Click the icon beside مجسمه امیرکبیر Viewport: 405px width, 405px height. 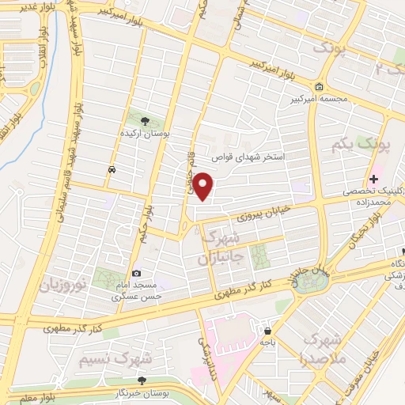(319, 86)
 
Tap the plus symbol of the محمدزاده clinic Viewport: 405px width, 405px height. (374, 180)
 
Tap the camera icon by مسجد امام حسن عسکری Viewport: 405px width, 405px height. (137, 273)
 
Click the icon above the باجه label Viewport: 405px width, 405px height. (269, 331)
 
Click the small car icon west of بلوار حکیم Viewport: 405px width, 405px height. (112, 169)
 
